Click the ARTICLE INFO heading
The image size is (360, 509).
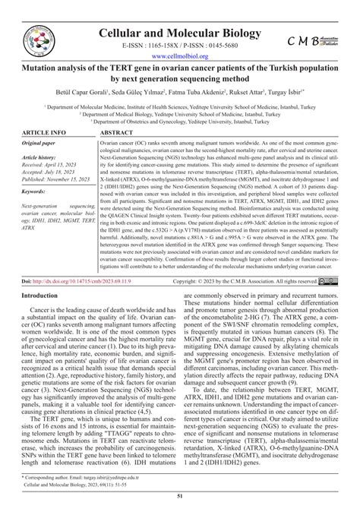click(x=46, y=132)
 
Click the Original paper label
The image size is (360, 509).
click(x=43, y=144)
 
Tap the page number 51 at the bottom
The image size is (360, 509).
click(x=180, y=496)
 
